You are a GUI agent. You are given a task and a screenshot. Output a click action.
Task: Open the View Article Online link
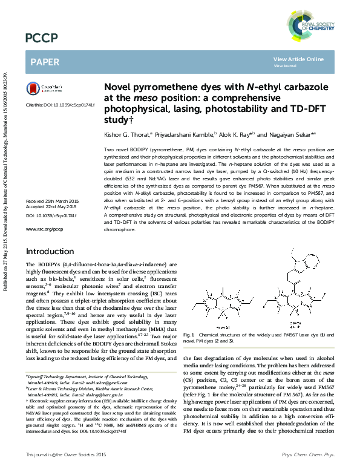click(x=298, y=59)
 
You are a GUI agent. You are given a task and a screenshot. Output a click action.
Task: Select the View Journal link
click(x=284, y=65)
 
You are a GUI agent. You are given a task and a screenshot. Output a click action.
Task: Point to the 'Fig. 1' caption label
click(x=188, y=335)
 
